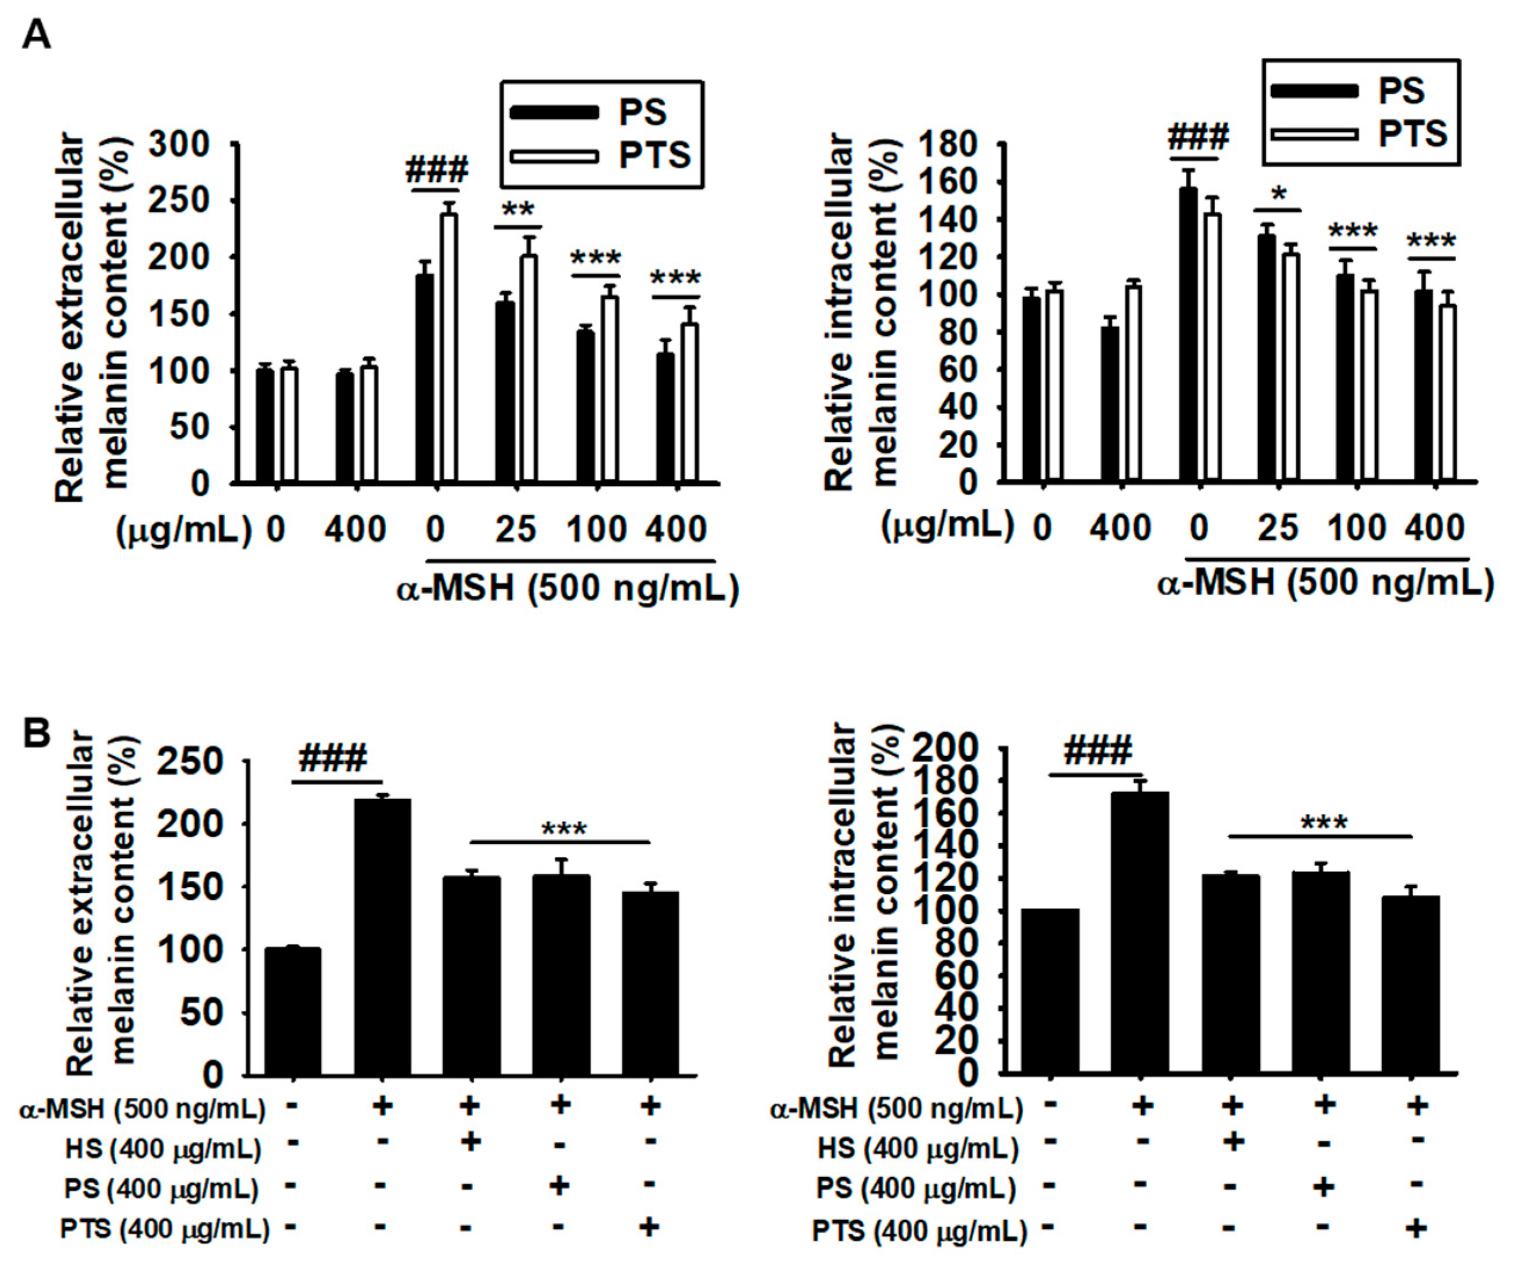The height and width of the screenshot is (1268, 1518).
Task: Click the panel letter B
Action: [37, 732]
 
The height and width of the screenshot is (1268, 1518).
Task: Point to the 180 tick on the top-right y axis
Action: [948, 145]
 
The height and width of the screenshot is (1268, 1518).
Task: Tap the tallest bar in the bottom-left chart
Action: [382, 937]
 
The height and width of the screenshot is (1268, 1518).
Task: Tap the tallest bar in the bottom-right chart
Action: [1140, 933]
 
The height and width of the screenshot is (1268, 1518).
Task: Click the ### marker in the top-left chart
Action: [437, 170]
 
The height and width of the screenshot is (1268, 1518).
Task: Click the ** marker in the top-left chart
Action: [518, 210]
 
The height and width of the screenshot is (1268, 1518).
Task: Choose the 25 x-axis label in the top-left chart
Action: [515, 530]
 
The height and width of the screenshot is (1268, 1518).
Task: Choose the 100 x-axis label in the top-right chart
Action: [1356, 529]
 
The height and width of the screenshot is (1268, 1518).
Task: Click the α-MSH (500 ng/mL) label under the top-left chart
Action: [568, 588]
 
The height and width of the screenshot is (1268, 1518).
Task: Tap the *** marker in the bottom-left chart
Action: [564, 829]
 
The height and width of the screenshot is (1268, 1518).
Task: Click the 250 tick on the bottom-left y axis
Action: [192, 761]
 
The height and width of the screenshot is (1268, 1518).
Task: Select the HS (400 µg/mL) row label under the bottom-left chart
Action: [163, 1149]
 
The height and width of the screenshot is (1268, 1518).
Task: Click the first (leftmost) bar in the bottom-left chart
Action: [293, 1012]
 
